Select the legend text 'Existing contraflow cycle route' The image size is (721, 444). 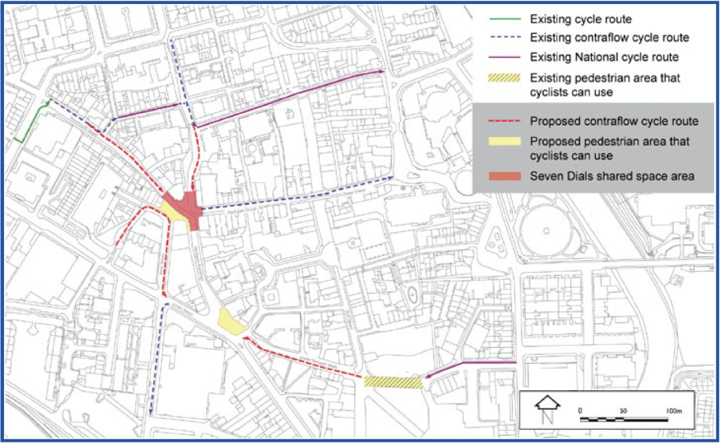599,37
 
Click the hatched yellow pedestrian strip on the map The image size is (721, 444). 392,383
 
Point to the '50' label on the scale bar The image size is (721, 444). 623,411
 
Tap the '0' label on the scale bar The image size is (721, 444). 580,411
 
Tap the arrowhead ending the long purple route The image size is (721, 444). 382,71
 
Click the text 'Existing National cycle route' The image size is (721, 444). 595,57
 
